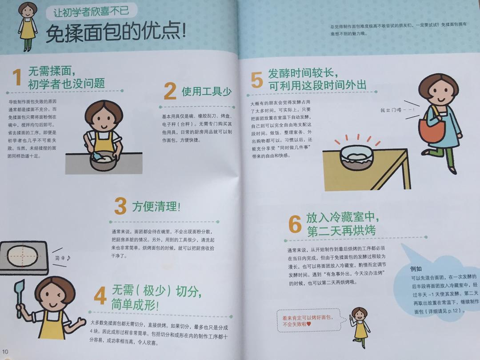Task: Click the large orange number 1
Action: pos(17,77)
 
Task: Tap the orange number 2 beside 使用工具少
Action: pos(170,92)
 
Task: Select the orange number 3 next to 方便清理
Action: pos(120,206)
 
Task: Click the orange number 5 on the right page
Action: pos(256,80)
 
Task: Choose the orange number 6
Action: pos(295,224)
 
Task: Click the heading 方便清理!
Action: pos(156,207)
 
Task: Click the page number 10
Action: pos(5,352)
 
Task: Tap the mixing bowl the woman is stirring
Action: pos(105,160)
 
